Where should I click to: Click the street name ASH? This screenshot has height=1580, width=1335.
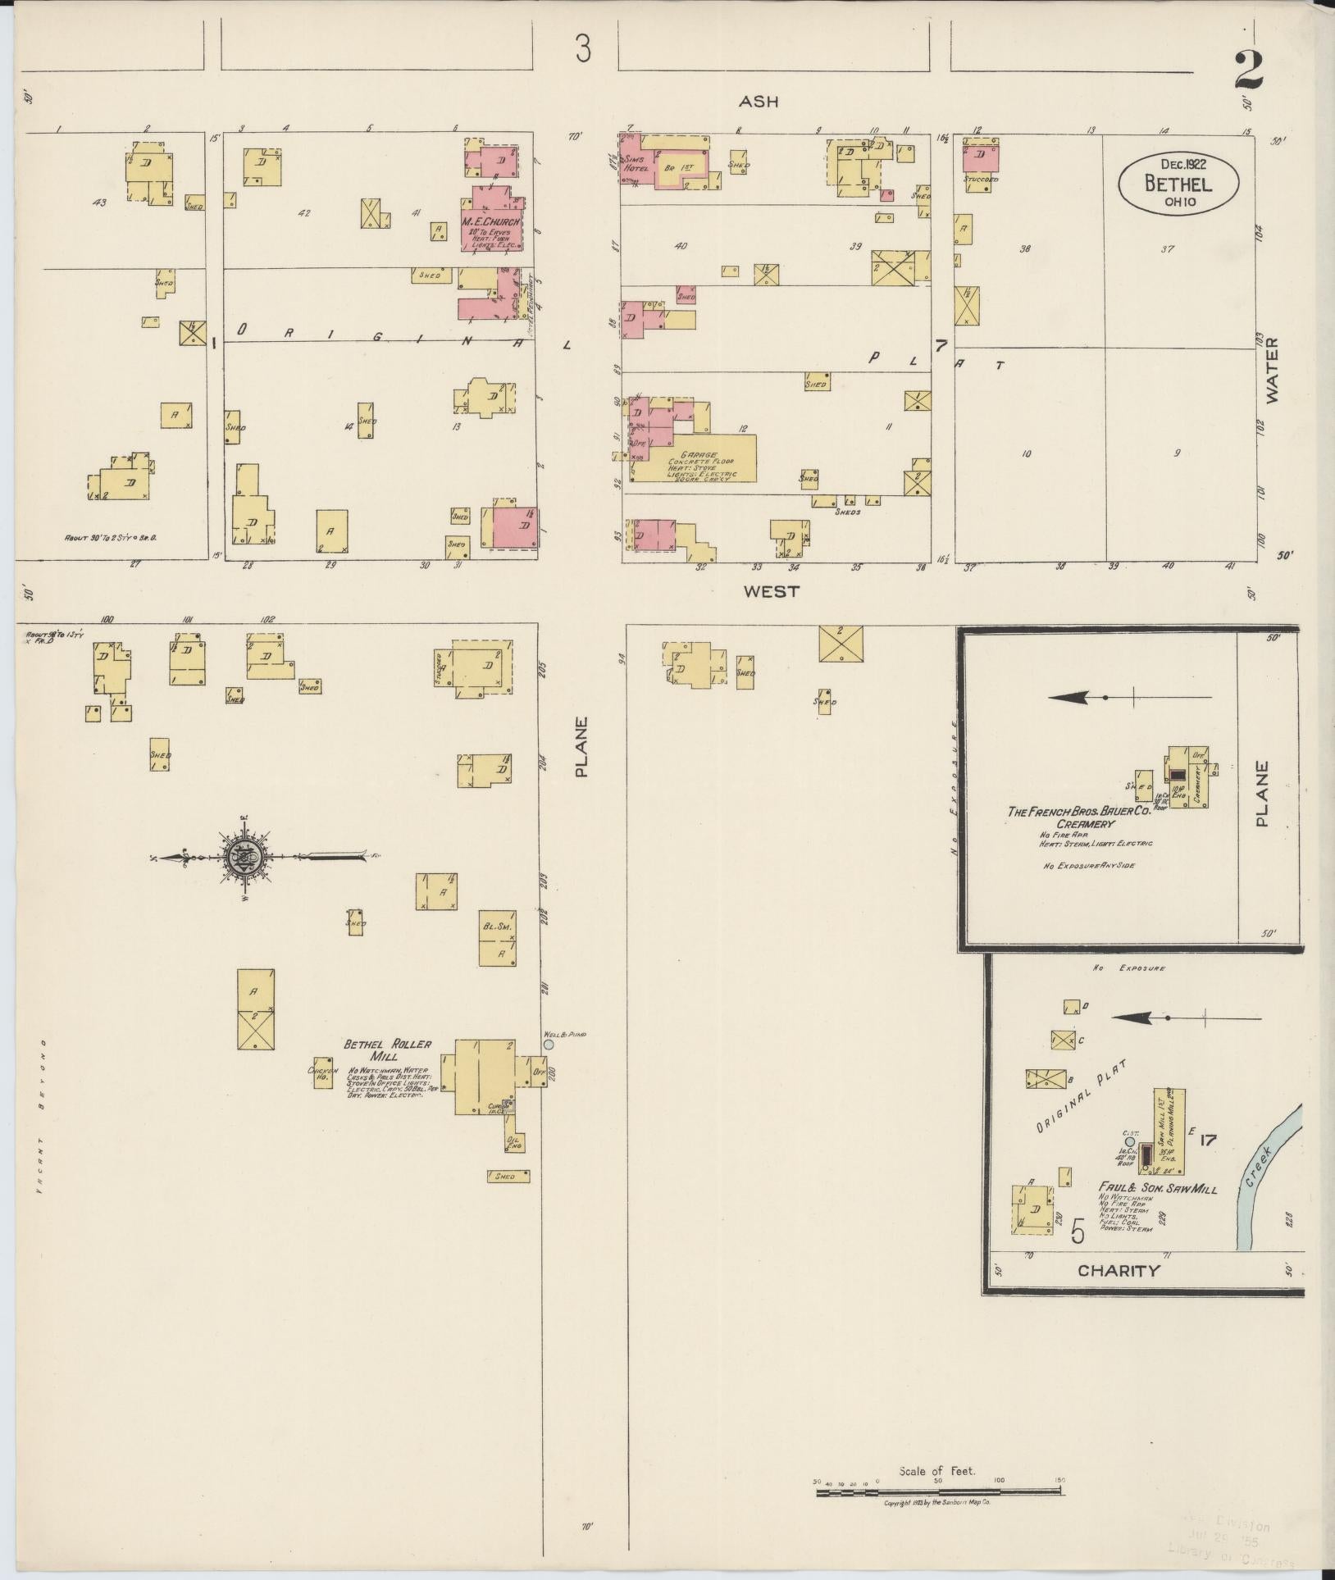[758, 102]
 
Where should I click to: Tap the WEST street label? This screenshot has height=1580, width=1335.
[772, 591]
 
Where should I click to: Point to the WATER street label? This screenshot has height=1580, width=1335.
[1272, 371]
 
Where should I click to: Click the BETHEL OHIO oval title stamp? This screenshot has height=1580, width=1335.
[1178, 184]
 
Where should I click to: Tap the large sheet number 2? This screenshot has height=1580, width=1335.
[1249, 73]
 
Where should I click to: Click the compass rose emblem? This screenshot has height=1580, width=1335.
[244, 858]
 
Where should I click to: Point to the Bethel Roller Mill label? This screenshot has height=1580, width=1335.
[376, 1050]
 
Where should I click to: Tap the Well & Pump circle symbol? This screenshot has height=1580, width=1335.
[549, 1045]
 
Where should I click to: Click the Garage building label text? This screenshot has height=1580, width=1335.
[704, 455]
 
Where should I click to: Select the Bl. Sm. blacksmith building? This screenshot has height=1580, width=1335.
[498, 938]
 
